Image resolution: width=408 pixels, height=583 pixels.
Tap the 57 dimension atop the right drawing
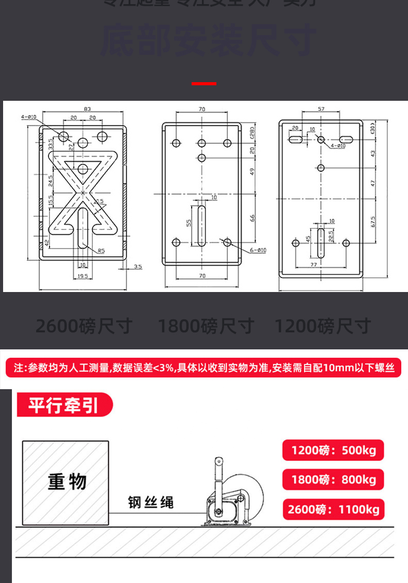[x=321, y=109]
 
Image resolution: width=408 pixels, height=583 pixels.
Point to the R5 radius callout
[x=101, y=251]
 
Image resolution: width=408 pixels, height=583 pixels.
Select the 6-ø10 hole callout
[x=258, y=250]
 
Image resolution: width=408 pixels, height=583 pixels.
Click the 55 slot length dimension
[x=189, y=223]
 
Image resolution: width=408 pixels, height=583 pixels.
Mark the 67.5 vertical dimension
[x=372, y=221]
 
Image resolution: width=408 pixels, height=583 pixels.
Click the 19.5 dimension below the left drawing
[x=83, y=277]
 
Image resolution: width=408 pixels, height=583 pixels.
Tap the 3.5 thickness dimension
[x=137, y=267]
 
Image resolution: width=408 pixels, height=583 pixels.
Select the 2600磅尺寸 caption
[x=84, y=326]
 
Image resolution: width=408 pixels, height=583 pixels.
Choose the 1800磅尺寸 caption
[x=206, y=326]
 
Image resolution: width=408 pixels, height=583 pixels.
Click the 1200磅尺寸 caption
[x=322, y=326]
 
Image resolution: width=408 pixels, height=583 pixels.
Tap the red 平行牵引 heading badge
[x=64, y=405]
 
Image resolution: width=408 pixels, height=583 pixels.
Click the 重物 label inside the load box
[x=67, y=482]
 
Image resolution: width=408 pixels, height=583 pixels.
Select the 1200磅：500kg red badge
[x=333, y=450]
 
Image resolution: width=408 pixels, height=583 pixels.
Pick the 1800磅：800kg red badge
[x=333, y=480]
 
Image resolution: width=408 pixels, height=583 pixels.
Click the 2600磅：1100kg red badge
[x=333, y=510]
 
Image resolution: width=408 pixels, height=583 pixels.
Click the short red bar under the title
[x=204, y=83]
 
